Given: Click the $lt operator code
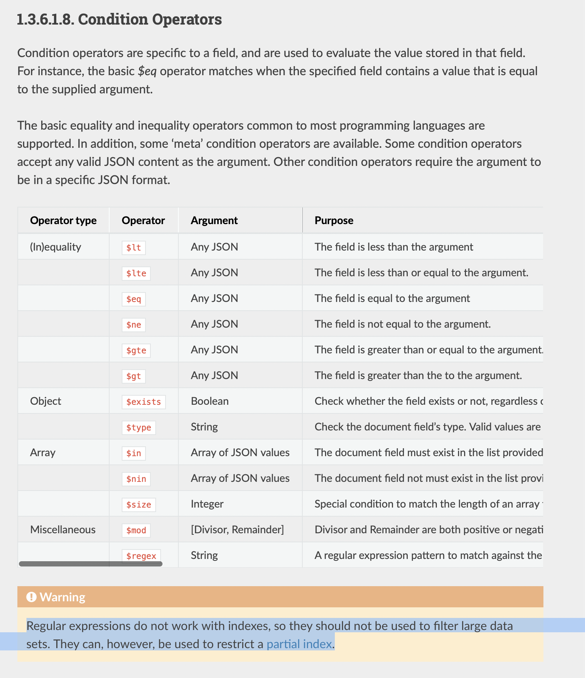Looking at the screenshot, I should click(134, 248).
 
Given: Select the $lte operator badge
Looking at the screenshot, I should click(136, 273).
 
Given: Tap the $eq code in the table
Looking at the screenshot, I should click(134, 299).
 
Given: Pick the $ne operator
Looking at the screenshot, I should click(134, 325).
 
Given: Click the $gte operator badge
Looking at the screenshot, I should click(136, 350).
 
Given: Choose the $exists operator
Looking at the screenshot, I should click(144, 402).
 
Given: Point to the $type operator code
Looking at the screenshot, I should click(139, 427).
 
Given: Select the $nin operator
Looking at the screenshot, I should click(136, 479).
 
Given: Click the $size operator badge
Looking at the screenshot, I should click(139, 505).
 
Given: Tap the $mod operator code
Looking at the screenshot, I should click(136, 530).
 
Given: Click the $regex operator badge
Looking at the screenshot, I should click(141, 556).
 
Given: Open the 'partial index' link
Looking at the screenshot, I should click(299, 644).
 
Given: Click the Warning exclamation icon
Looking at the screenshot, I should click(31, 597).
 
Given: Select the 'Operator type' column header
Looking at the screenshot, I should click(63, 220).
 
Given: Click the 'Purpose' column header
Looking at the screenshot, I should click(334, 220).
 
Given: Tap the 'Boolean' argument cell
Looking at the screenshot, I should click(210, 401).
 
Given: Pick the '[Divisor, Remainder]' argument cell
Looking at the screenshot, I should click(237, 529).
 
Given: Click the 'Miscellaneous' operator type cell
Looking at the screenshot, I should click(63, 529).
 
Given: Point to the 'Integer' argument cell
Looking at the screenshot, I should click(207, 504).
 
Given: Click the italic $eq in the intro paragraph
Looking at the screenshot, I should click(147, 71).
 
